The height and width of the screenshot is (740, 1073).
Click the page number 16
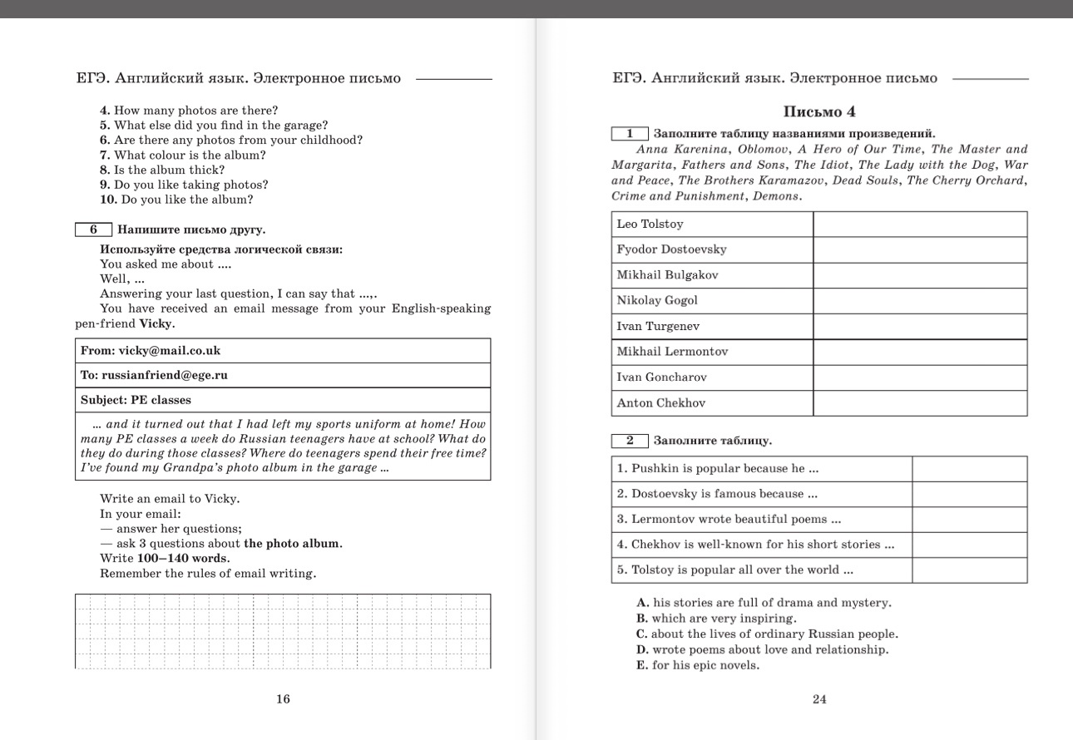(x=283, y=699)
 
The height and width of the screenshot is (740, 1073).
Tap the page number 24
(x=819, y=699)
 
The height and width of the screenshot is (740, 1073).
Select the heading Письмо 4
(x=819, y=111)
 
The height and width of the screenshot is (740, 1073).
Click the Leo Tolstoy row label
(x=650, y=224)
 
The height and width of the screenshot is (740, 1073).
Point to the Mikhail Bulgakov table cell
(x=667, y=275)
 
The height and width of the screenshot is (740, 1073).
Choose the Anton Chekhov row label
(x=660, y=403)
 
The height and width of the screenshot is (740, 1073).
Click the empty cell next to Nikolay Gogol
(x=919, y=301)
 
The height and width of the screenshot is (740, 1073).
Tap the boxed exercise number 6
(x=93, y=229)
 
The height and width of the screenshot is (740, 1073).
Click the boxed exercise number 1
(x=630, y=133)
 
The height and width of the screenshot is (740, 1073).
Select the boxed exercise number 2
(x=630, y=441)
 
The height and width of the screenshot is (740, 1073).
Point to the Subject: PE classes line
(x=136, y=400)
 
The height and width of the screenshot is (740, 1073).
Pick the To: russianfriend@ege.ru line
(x=154, y=375)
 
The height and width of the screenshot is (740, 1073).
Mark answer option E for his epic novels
(x=699, y=665)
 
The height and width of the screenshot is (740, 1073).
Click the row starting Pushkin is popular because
(x=718, y=469)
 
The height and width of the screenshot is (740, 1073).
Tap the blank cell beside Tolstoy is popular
(x=969, y=570)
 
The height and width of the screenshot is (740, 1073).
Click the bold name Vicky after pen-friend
(x=156, y=323)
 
